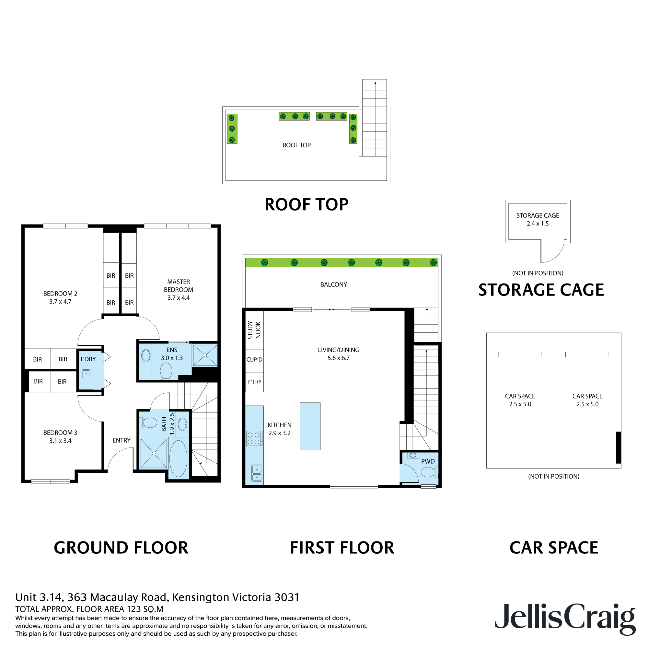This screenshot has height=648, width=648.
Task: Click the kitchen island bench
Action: (x=310, y=426)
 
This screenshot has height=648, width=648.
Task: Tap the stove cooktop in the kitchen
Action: (x=254, y=438)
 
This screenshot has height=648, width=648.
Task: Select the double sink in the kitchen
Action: (x=257, y=473)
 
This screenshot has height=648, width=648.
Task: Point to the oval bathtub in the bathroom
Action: (x=178, y=458)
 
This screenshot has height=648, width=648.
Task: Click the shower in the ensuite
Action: (x=204, y=355)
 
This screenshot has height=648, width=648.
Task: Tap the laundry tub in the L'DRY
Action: (x=86, y=373)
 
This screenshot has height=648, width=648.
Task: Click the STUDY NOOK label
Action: (x=254, y=330)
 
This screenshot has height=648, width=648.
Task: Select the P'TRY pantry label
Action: (x=254, y=382)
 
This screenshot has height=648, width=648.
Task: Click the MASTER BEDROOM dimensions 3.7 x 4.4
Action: (x=179, y=297)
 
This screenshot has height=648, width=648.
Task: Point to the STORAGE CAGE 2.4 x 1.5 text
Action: (x=538, y=219)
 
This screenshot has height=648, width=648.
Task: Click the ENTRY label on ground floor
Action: (x=121, y=440)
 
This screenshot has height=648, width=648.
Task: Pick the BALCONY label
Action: (x=333, y=284)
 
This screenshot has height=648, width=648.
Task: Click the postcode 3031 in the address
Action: (x=286, y=597)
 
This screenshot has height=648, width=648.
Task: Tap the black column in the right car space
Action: (x=619, y=447)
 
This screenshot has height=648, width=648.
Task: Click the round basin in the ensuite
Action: (x=146, y=355)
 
